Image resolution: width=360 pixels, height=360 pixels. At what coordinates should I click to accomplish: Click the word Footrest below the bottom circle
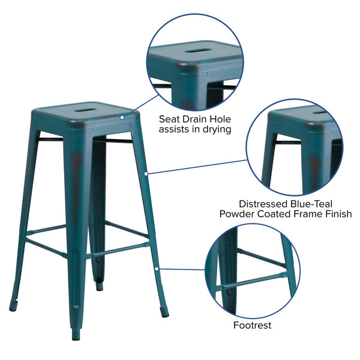[252, 325]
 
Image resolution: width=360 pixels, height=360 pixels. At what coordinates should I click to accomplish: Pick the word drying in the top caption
[217, 128]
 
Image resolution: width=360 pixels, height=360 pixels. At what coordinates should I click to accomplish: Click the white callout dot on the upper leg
[146, 174]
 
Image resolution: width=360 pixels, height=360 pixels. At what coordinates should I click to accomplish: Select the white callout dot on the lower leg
[157, 269]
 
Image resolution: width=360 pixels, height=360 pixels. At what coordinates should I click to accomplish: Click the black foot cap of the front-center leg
[76, 337]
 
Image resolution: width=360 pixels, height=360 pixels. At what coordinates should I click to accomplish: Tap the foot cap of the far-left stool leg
[13, 308]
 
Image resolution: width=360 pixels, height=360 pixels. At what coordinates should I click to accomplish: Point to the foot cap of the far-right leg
[165, 313]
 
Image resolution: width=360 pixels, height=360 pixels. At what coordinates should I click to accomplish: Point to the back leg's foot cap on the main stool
[98, 287]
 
